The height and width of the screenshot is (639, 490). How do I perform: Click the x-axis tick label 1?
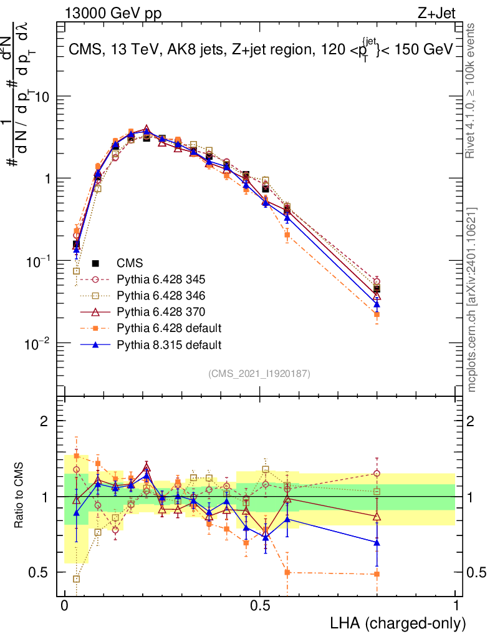pyautogui.click(x=456, y=606)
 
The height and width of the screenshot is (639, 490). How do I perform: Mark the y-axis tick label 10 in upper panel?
pyautogui.click(x=43, y=97)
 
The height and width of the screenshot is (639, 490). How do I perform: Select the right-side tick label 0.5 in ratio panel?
pyautogui.click(x=476, y=572)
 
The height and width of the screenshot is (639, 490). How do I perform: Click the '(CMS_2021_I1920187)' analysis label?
pyautogui.click(x=259, y=374)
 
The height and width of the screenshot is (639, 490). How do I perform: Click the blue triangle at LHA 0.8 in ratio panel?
pyautogui.click(x=377, y=543)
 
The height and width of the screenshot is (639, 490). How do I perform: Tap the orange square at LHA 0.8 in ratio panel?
pyautogui.click(x=377, y=574)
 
